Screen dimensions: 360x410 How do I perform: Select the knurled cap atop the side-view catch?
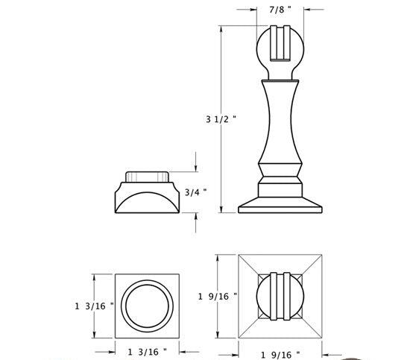[148, 177]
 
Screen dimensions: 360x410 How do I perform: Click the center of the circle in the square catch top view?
[148, 305]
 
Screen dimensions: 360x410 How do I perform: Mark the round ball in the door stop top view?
[280, 297]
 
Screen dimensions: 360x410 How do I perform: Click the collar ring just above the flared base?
[280, 183]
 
